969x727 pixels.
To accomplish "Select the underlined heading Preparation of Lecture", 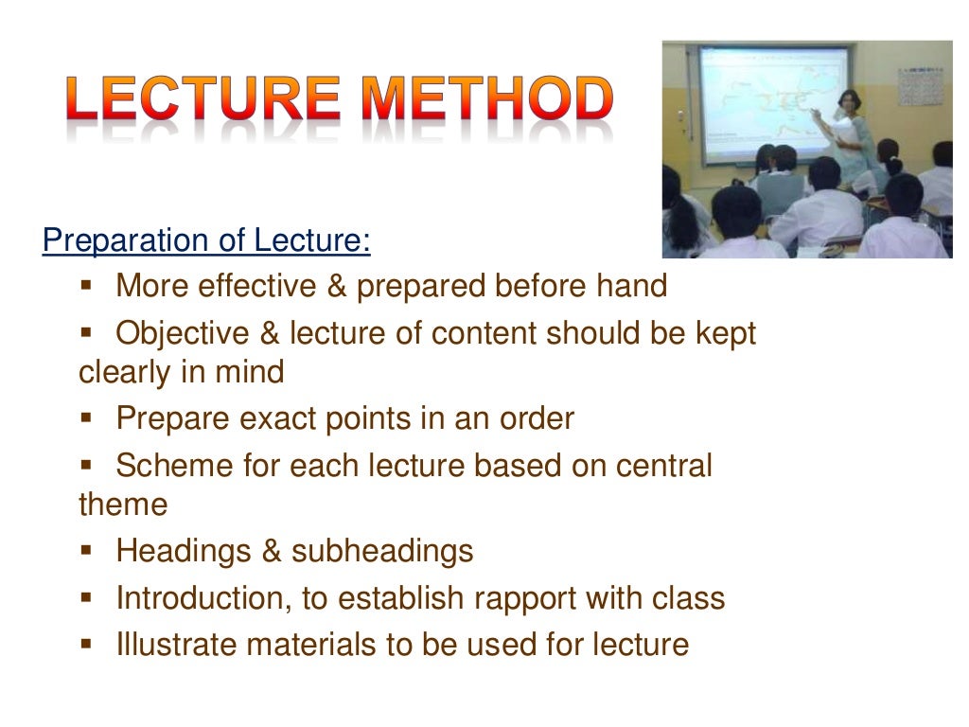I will click(x=206, y=240).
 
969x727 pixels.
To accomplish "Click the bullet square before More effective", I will click(x=86, y=283).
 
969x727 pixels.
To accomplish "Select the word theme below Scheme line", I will click(x=122, y=505).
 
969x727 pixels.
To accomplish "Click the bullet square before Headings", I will click(x=86, y=549).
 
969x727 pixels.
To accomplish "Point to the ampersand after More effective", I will click(x=337, y=286).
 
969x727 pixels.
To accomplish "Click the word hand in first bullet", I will click(x=636, y=286).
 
